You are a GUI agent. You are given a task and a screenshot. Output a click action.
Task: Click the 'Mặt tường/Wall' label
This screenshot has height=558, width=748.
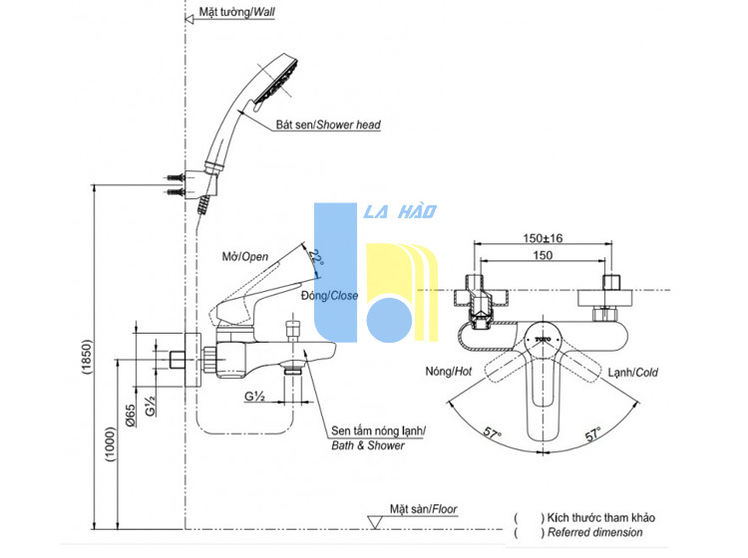tap(236, 12)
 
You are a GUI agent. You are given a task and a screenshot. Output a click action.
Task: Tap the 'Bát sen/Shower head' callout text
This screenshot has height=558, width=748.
tap(328, 125)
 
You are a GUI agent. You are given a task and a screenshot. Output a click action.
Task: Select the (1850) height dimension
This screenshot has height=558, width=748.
tap(86, 357)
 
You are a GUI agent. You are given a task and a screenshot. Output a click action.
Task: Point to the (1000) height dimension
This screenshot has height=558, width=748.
tap(110, 444)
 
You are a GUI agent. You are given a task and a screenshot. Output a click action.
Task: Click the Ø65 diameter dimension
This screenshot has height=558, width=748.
tap(131, 416)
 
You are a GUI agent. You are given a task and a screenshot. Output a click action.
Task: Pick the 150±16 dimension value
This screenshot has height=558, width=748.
tap(543, 238)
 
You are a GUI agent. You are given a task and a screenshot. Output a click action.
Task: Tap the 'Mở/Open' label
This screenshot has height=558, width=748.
tap(245, 257)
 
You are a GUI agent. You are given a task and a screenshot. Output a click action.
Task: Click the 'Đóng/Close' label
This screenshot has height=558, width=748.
tap(329, 296)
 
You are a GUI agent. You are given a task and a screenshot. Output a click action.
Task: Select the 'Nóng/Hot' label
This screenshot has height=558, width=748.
tap(449, 372)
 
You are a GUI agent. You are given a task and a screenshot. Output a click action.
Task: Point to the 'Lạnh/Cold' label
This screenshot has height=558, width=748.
tap(632, 372)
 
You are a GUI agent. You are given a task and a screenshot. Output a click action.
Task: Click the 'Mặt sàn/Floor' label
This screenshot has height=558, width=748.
tap(424, 509)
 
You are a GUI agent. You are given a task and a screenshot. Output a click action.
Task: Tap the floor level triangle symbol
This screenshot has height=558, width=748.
tap(375, 522)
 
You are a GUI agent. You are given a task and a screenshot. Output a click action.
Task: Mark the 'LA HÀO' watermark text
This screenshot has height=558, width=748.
tap(400, 211)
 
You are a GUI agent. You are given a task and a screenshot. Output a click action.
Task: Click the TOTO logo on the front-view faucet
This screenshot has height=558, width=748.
tap(543, 339)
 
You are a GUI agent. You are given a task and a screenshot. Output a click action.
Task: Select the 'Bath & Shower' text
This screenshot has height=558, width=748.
tap(368, 445)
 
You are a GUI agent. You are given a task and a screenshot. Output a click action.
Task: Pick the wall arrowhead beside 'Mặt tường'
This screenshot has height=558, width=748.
tap(188, 19)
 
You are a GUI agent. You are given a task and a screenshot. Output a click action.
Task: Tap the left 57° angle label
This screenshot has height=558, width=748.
tap(493, 433)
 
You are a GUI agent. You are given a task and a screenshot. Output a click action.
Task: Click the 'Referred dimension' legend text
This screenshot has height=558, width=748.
tap(594, 532)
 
